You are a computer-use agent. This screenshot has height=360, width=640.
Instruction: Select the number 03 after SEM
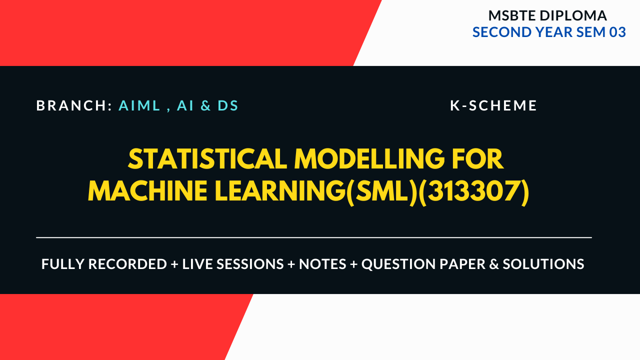617,32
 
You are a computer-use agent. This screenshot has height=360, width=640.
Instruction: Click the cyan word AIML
139,106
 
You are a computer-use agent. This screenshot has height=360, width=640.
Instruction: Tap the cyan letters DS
228,106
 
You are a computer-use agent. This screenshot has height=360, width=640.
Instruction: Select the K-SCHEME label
493,106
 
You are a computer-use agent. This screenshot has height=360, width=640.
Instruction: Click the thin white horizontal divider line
314,237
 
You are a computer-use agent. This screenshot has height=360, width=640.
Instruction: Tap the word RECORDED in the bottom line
127,264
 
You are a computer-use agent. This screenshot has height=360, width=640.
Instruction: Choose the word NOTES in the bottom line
322,264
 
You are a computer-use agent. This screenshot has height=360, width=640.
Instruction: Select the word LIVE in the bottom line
198,264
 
